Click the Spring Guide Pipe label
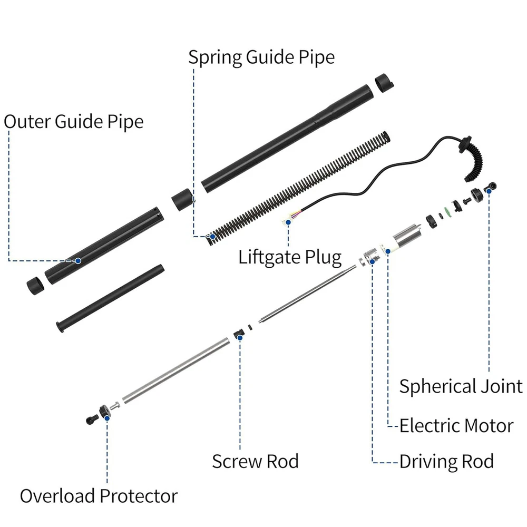click(261, 57)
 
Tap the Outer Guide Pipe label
click(74, 122)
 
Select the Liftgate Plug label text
click(290, 258)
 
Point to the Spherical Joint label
click(461, 386)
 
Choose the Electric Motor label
click(456, 425)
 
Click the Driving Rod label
click(446, 462)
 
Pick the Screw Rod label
click(255, 462)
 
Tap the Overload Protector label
click(99, 496)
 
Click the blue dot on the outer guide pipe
click(78, 260)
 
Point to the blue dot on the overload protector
click(107, 417)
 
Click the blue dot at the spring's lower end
click(213, 237)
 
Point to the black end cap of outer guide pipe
click(36, 285)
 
